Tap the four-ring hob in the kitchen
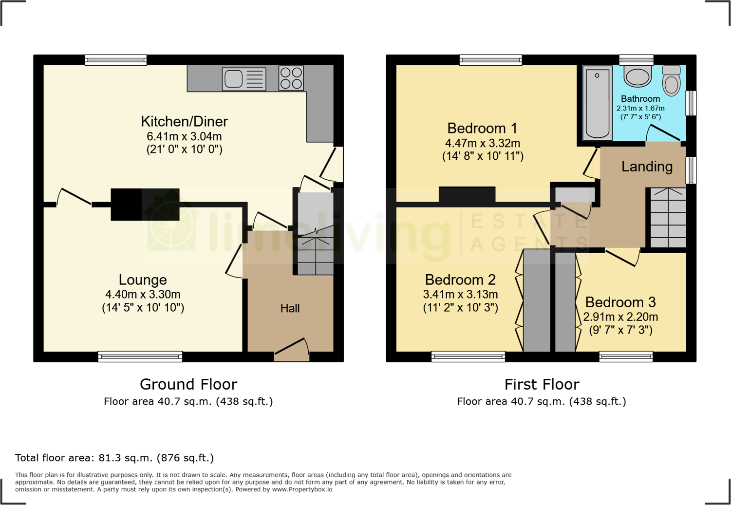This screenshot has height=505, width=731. (x=291, y=78)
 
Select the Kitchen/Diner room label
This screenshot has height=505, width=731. (x=184, y=121)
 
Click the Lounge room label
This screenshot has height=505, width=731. (x=143, y=280)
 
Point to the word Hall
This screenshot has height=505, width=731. (x=290, y=308)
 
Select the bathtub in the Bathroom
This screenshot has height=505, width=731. (x=597, y=103)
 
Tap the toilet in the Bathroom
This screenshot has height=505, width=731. (x=671, y=81)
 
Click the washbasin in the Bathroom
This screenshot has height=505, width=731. (x=637, y=76)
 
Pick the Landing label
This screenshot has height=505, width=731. (x=647, y=167)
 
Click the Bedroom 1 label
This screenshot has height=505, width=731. (x=482, y=128)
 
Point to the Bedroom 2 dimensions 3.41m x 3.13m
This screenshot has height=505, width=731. (x=460, y=294)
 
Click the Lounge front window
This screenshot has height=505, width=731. (x=140, y=357)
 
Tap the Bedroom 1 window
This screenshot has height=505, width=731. (x=490, y=60)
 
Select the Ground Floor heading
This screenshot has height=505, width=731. (x=188, y=384)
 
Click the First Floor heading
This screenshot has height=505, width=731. (x=542, y=384)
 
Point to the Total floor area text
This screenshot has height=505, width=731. (x=114, y=458)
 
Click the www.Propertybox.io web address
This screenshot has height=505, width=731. (x=302, y=489)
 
